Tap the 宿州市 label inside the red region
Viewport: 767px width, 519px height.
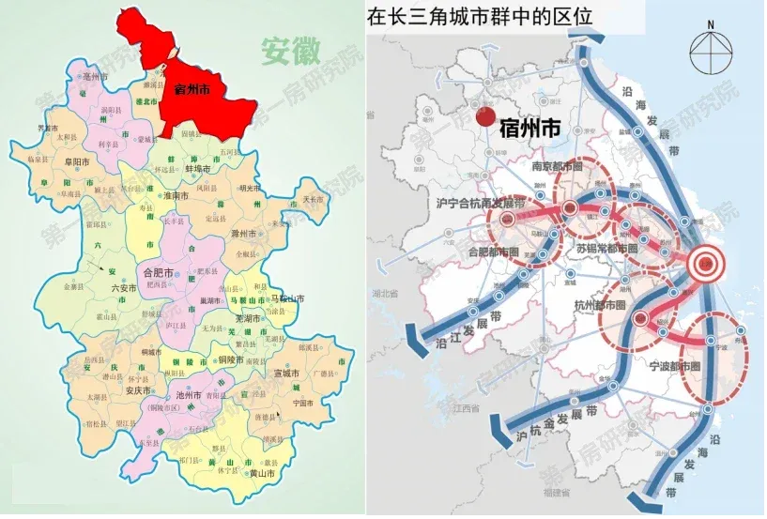pos(193,90)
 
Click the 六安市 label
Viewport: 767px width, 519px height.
pos(124,288)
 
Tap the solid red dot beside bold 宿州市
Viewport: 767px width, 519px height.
pos(485,117)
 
